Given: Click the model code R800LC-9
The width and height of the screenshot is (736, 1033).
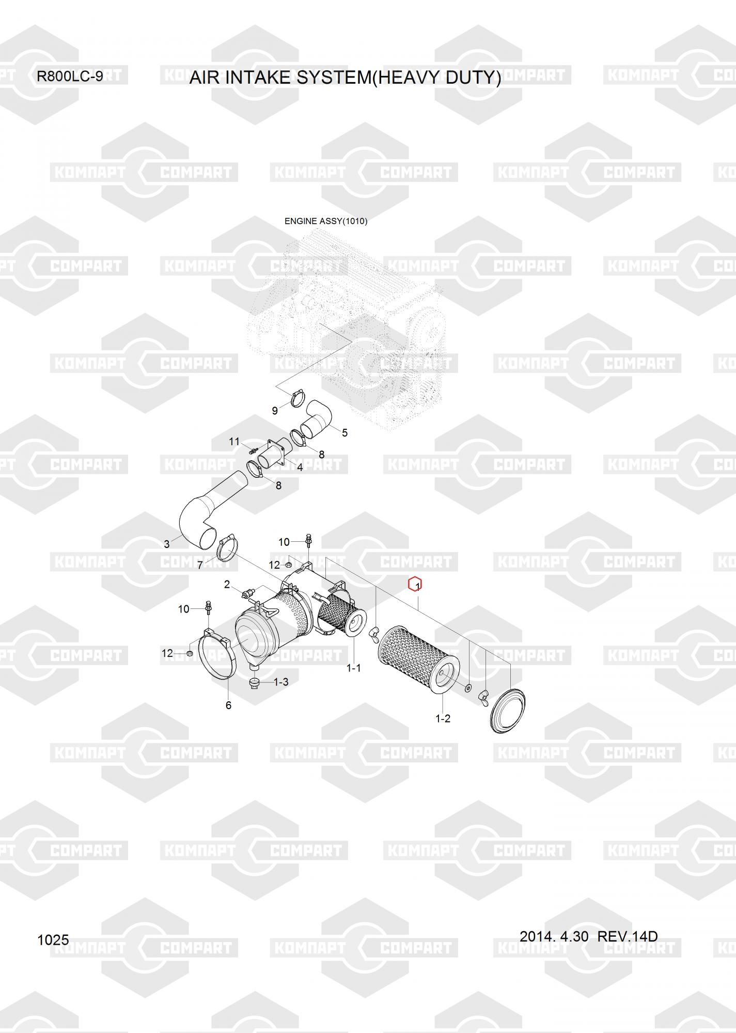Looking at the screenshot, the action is (70, 77).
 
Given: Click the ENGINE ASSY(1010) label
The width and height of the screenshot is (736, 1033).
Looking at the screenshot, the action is (326, 222).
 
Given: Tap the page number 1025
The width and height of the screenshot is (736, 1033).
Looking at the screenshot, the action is (53, 940).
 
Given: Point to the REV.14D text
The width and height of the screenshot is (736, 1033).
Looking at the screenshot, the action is (628, 936).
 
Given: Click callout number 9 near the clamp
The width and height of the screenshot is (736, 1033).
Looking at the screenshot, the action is (275, 411).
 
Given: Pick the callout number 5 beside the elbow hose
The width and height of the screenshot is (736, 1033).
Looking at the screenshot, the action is (344, 432).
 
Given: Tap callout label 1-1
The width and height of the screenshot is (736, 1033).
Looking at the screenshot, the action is (353, 668).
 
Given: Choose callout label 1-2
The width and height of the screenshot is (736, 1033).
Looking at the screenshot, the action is (443, 718).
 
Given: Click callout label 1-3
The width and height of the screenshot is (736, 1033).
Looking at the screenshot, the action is (281, 682).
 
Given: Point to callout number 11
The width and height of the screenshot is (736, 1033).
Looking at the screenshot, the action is (234, 442).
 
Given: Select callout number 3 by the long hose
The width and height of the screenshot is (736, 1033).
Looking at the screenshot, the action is (167, 544).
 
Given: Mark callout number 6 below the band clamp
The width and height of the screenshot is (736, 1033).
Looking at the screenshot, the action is (228, 705).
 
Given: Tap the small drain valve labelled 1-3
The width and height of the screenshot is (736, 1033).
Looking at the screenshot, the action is (255, 683).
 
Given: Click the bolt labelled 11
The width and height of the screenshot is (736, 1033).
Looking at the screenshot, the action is (253, 451).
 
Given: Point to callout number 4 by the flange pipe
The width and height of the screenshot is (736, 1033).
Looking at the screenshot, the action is (300, 467).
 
